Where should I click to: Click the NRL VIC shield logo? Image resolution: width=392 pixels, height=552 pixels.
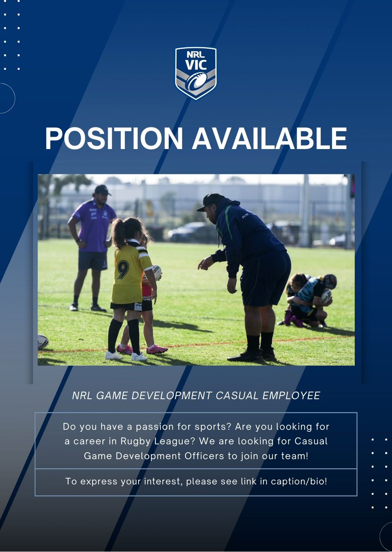(x=196, y=73)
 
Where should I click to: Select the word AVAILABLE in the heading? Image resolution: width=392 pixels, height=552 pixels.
(x=269, y=138)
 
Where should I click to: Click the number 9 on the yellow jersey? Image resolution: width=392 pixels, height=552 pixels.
(x=123, y=270)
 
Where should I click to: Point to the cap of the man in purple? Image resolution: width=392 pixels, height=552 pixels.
(x=102, y=190)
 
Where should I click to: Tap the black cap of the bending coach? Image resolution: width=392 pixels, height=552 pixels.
(x=210, y=201)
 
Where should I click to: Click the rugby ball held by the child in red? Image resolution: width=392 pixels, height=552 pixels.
(x=157, y=272)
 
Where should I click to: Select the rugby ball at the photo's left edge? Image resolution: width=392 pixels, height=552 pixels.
(x=42, y=341)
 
